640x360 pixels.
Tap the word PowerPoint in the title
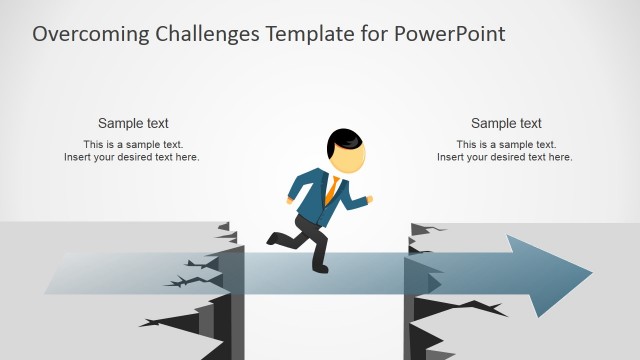tap(450, 34)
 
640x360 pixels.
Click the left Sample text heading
tap(133, 124)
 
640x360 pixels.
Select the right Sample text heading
tap(506, 124)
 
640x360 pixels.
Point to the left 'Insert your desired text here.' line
tap(132, 158)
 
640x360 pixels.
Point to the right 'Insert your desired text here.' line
tap(505, 158)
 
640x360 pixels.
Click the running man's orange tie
tap(331, 191)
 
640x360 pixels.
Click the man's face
tap(348, 158)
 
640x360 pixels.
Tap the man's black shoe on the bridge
tap(320, 267)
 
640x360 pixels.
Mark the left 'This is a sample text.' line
tap(133, 145)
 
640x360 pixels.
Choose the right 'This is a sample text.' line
tap(506, 145)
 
